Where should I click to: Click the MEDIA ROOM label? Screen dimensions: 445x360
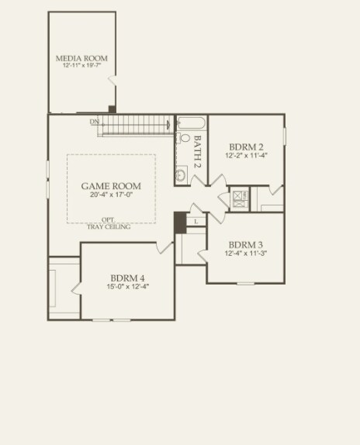(81, 58)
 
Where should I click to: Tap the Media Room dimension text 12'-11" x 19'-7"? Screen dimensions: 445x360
(81, 67)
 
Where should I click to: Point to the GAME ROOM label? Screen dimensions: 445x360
(111, 186)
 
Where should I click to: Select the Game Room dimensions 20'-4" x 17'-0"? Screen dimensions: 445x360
(111, 195)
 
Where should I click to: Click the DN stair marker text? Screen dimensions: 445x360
(94, 122)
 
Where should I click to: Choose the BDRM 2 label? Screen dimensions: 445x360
(246, 147)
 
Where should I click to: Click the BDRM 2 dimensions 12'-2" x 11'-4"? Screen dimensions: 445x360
(246, 156)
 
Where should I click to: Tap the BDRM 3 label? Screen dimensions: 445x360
(246, 243)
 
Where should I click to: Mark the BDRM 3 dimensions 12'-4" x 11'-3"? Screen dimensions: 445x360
(246, 253)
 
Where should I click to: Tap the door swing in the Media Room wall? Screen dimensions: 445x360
(112, 81)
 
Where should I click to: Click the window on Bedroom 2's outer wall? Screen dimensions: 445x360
(284, 136)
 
